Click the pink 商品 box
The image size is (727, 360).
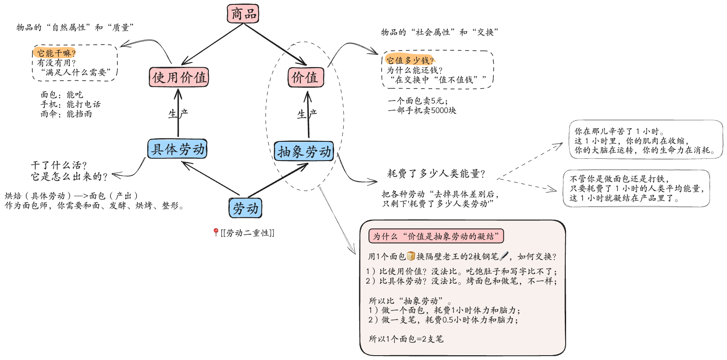click(243, 14)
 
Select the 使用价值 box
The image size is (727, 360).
click(179, 78)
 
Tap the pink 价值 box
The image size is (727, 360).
click(305, 78)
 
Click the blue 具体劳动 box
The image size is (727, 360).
click(177, 149)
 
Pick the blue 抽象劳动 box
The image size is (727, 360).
click(304, 151)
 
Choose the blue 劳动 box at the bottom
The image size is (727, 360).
click(246, 208)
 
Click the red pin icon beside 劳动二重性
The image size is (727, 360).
click(215, 233)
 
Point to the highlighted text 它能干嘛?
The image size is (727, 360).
click(56, 53)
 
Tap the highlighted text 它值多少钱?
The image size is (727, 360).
click(410, 60)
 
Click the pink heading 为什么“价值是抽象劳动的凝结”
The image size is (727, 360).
click(436, 236)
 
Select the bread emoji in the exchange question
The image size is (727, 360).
click(411, 256)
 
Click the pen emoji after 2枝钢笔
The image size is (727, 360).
click(504, 256)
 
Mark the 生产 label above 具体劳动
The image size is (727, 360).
click(178, 114)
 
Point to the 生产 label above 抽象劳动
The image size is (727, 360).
click(307, 114)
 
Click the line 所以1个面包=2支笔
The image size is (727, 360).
click(406, 339)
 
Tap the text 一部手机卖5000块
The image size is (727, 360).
click(422, 110)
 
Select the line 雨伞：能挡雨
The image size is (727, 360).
click(66, 114)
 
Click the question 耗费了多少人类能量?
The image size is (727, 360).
click(436, 174)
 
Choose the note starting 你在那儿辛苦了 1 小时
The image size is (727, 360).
click(645, 140)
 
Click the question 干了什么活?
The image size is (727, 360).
click(59, 165)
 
